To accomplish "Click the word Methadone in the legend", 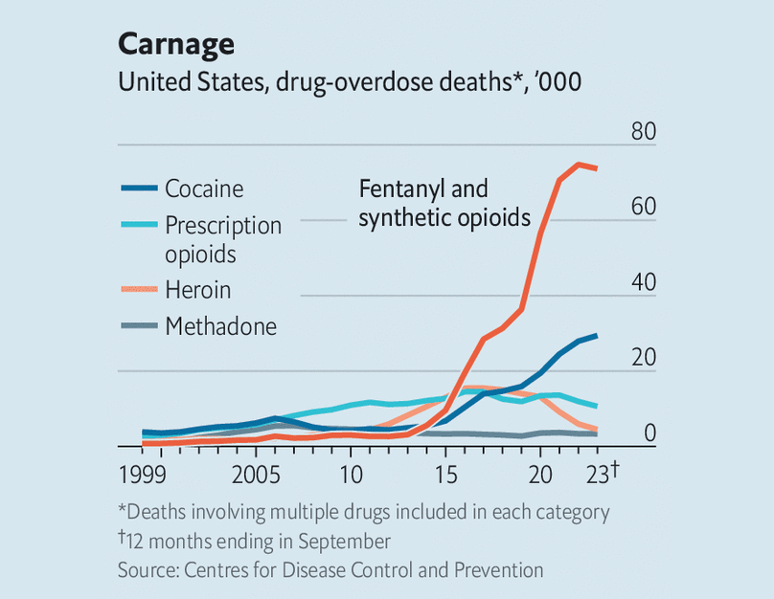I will click(220, 326).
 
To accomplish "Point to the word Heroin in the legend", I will click(197, 290).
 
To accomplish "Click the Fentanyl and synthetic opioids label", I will click(444, 203).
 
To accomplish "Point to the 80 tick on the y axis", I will click(643, 131).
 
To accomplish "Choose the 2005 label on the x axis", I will click(255, 474).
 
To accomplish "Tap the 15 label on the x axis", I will click(445, 474).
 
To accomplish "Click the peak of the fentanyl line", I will click(579, 165).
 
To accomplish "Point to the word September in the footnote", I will click(343, 542).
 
